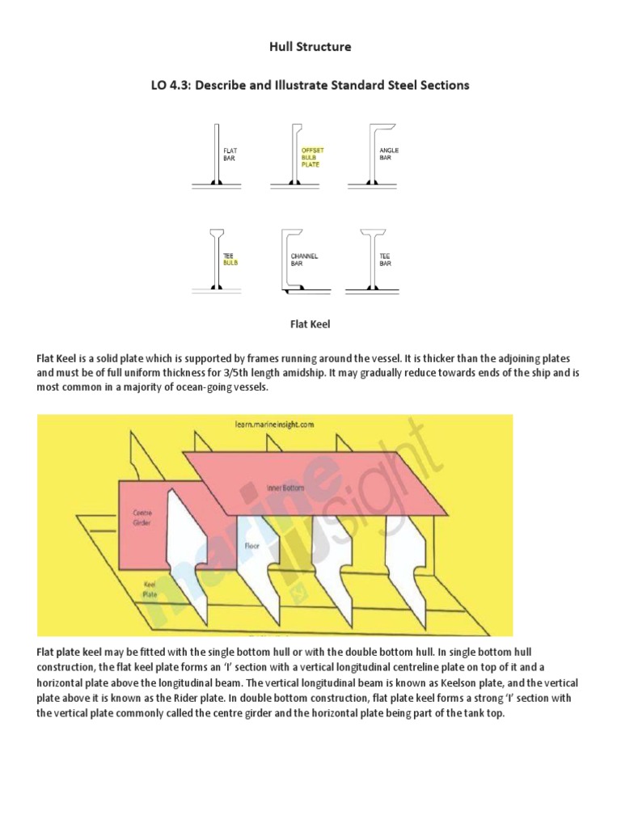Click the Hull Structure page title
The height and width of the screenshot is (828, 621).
click(x=310, y=47)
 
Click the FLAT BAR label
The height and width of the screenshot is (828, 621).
click(x=230, y=154)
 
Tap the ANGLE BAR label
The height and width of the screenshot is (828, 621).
click(x=389, y=154)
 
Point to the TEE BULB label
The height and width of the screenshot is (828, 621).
click(x=230, y=260)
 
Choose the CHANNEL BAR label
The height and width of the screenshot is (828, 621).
click(x=305, y=260)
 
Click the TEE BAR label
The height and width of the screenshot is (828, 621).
click(x=386, y=260)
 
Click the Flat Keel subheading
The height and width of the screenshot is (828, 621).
click(x=310, y=324)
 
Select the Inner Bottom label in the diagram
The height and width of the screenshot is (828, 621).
click(x=283, y=488)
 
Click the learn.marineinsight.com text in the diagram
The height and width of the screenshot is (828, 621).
click(x=274, y=423)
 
